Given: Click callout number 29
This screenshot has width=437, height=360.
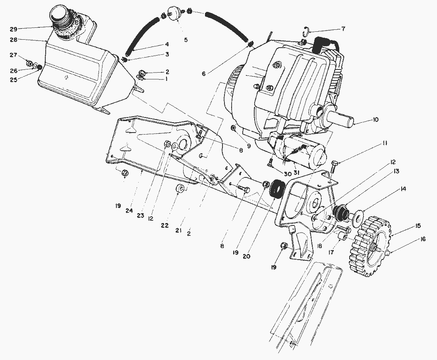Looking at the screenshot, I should coord(13,29).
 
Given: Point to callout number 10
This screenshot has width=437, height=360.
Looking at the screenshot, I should coord(375,119).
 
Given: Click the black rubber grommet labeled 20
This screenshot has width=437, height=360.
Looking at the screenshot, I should coord(276,189).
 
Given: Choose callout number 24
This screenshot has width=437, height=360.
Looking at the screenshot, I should coord(129,211).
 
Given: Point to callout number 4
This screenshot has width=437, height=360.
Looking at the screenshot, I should coord(167,44).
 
